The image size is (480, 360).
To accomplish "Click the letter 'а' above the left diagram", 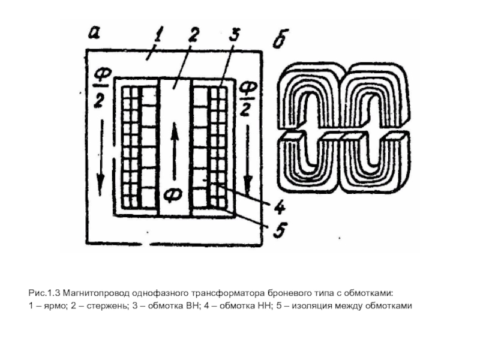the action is pos(95,32).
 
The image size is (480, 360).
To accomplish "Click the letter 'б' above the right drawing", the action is pos(278,39).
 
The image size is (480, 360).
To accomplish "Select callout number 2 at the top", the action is pos(193,34).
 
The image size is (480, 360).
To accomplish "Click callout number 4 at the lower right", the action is pos(280,208).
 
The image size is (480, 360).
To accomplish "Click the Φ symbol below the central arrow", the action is pos(175,196).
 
